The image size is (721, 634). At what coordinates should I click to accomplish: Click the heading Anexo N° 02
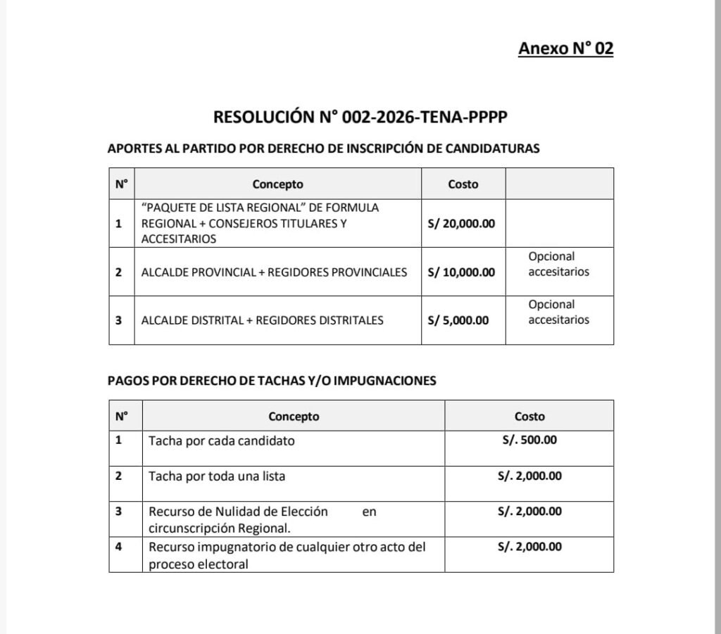[565, 48]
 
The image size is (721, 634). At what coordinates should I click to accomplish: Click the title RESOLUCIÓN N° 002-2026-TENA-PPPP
[360, 117]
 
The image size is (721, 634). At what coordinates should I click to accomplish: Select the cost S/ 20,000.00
[461, 224]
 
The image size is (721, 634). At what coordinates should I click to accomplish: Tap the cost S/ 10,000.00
[461, 272]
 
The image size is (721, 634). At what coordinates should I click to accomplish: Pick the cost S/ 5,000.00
[458, 320]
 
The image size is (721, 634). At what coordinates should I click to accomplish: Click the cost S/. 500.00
[529, 440]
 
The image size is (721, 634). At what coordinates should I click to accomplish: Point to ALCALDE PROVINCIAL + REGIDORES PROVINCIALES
[274, 272]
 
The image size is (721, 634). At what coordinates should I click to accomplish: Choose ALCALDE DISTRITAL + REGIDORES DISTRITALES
[262, 320]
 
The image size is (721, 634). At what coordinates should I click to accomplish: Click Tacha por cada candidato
[221, 441]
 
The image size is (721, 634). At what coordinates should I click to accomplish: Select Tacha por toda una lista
[217, 476]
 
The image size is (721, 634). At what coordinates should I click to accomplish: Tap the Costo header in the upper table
[463, 184]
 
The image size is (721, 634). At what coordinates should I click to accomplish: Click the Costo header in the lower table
[529, 416]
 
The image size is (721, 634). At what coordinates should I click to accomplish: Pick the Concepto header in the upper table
[277, 184]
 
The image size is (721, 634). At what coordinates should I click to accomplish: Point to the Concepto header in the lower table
[293, 416]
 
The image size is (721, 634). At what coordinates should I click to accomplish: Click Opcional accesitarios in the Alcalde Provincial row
[558, 264]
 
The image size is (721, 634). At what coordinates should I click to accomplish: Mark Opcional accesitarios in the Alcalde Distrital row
[558, 312]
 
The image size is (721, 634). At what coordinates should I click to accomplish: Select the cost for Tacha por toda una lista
[529, 476]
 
